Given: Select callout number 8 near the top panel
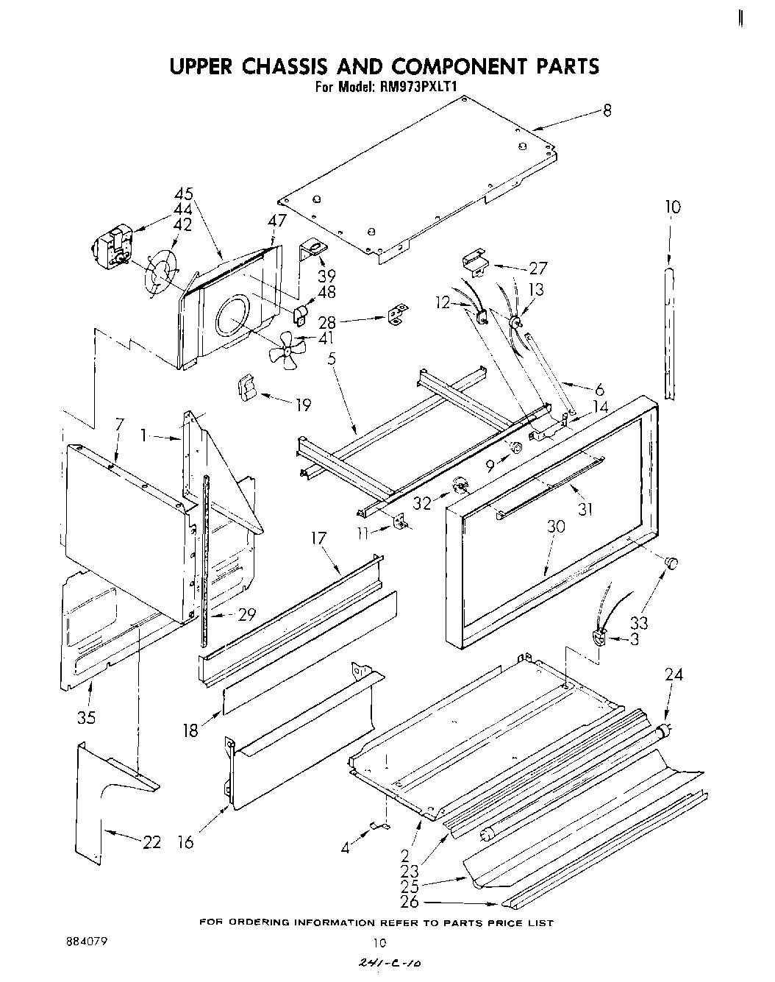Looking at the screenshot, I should (607, 111).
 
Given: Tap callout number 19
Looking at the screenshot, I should (302, 404).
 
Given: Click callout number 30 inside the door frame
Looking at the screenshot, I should (556, 527).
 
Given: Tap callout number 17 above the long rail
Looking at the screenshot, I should (318, 539).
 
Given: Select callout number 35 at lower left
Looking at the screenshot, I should (87, 716).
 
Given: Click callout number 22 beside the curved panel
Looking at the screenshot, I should (151, 843).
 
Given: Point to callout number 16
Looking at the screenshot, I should (186, 843).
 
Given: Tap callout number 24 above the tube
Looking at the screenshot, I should (673, 674).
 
